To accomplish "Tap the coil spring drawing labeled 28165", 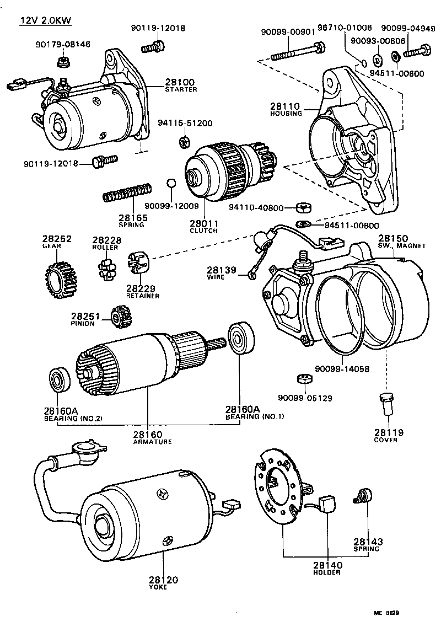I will (127, 192).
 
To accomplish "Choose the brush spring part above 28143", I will (364, 496).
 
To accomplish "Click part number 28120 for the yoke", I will (163, 581).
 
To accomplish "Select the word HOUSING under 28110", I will (286, 114).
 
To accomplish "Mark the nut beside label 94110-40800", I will (302, 208).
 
